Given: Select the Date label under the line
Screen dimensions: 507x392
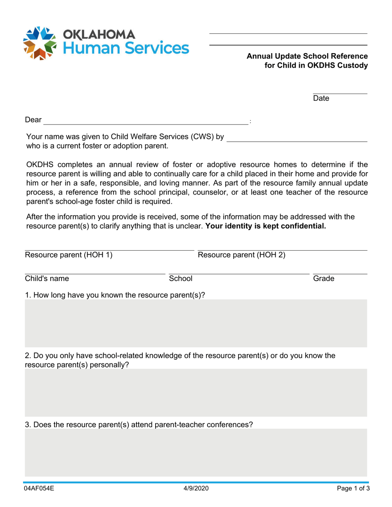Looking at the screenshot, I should point(321,99).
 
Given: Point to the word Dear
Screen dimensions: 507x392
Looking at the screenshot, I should point(33,120).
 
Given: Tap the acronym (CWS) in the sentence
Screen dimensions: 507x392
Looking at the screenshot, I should point(200,136).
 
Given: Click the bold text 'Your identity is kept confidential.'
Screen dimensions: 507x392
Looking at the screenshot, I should point(265,226).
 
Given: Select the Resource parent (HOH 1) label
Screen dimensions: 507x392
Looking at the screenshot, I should point(68,255).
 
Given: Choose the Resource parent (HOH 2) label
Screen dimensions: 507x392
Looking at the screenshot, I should point(241,255).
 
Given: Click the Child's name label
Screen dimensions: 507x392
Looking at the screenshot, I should point(47,279).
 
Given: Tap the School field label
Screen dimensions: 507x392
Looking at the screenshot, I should point(181,279).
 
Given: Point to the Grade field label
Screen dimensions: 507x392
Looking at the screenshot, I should point(324,279).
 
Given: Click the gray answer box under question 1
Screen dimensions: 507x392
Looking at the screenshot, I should point(196,323).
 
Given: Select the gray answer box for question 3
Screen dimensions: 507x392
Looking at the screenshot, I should point(196,452).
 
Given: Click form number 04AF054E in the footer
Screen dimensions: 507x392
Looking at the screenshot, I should point(40,489).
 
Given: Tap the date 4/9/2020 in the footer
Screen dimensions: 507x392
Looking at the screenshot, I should point(196,489).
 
